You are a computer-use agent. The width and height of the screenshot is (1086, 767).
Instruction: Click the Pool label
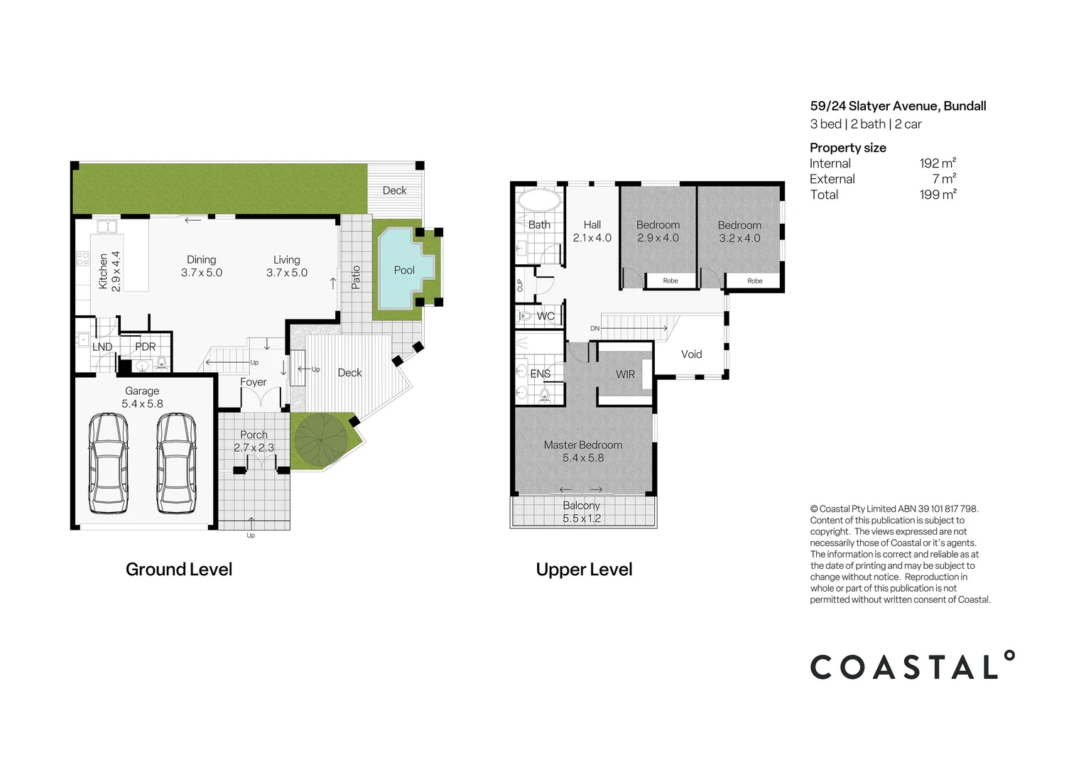(404, 270)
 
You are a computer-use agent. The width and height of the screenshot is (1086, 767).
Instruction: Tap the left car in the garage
(109, 464)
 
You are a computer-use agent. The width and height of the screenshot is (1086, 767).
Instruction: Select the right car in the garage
(176, 464)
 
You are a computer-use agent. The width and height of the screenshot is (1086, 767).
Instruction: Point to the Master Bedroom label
(582, 445)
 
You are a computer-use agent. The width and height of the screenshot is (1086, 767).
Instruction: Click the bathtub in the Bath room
(538, 200)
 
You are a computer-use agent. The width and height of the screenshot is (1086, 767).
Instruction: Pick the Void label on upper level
(691, 354)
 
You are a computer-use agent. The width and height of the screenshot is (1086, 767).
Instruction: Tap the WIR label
(625, 374)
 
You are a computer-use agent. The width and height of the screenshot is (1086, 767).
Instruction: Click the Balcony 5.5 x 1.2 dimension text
(582, 518)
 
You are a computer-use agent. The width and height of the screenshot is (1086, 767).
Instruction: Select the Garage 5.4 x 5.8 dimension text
(142, 404)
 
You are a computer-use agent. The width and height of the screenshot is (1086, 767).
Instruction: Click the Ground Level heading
(179, 569)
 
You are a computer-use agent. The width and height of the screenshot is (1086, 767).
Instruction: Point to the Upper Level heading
(584, 569)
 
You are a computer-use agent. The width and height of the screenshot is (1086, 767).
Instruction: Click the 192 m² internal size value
(938, 163)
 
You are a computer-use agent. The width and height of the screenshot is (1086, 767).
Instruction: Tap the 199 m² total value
(938, 195)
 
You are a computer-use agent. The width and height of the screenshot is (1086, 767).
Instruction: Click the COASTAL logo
(913, 665)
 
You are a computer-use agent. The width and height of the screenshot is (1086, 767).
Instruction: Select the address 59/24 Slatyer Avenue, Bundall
(898, 107)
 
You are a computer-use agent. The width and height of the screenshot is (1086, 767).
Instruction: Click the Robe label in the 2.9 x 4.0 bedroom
(670, 281)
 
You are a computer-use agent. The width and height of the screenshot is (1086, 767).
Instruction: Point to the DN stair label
(595, 328)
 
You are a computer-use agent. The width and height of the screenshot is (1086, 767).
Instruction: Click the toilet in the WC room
(524, 316)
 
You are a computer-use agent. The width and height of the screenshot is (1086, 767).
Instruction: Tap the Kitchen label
(103, 271)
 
